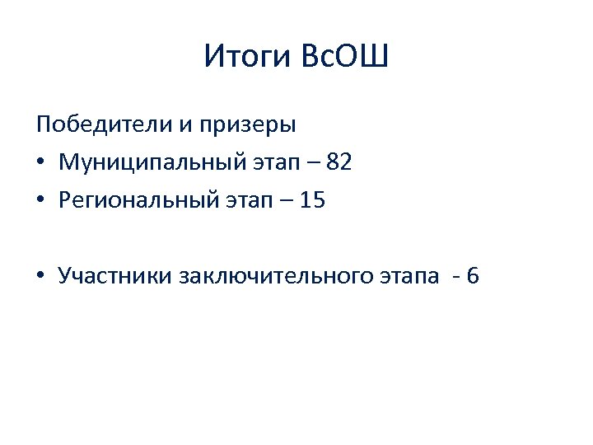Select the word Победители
(103, 125)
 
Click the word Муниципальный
(151, 163)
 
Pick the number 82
(339, 162)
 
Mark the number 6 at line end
(472, 275)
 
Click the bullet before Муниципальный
(40, 163)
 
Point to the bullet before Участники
(40, 275)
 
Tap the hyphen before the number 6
(456, 277)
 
